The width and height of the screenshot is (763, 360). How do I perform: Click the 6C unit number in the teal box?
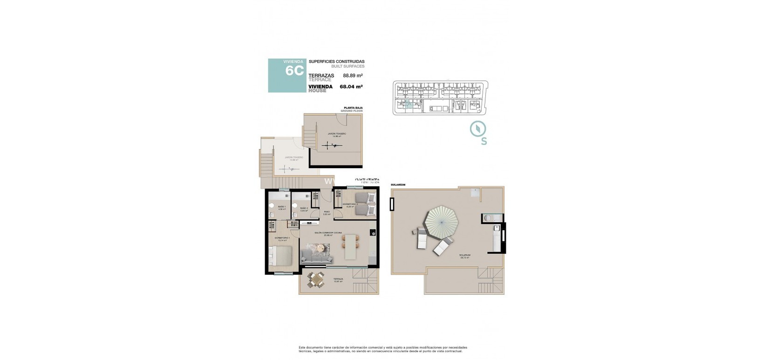tap(294, 71)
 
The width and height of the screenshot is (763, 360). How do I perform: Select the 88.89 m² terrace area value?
tap(353, 75)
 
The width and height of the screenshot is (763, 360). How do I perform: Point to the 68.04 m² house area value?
tap(351, 86)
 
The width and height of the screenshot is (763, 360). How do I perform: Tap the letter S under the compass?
tap(484, 142)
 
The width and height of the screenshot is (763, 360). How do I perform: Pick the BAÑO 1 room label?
tap(281, 207)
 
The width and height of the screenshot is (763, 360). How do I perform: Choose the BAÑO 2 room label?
tap(304, 208)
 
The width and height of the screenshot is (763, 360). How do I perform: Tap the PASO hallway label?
tap(327, 212)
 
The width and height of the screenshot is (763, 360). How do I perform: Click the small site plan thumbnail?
tap(441, 97)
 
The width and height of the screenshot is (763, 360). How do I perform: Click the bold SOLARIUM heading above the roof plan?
tap(398, 185)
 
